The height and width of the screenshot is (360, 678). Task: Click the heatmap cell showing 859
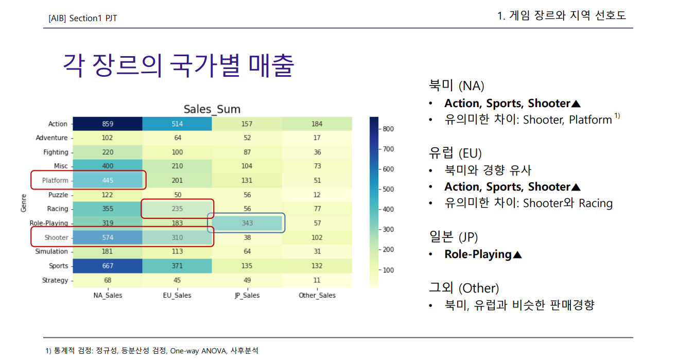[108, 124]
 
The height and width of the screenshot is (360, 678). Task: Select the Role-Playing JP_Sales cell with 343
[248, 223]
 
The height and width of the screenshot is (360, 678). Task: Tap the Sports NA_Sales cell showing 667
[108, 266]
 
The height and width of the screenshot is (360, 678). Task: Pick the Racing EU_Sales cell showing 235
[178, 209]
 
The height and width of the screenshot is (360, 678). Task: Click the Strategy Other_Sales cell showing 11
[317, 280]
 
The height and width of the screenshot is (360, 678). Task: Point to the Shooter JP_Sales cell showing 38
[248, 237]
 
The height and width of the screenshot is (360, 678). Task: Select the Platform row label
[55, 180]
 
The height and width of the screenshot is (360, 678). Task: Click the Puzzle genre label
[58, 195]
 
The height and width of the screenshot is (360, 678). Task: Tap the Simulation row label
[51, 251]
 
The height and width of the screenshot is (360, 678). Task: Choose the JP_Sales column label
[247, 295]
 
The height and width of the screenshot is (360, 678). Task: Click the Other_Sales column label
[317, 295]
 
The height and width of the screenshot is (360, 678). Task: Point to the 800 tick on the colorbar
[388, 129]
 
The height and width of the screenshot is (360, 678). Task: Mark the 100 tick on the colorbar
[388, 270]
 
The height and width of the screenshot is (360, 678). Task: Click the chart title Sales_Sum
[212, 109]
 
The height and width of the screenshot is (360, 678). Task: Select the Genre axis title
[24, 202]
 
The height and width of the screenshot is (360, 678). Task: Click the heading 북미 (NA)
[456, 85]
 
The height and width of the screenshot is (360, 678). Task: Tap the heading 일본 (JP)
[453, 237]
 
